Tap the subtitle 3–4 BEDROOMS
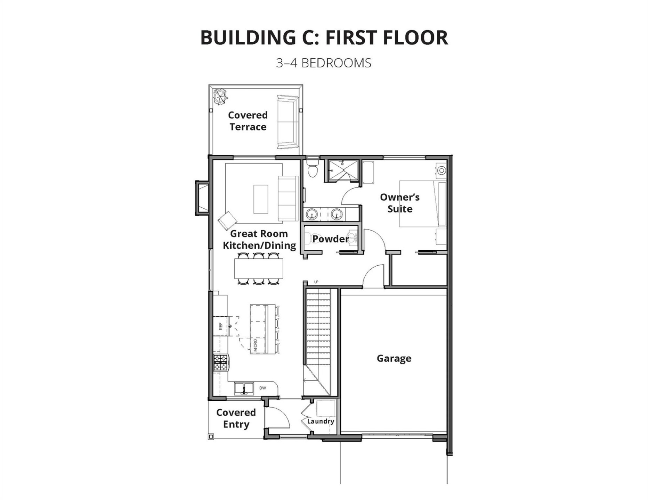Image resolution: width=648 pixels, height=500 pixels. click(x=324, y=63)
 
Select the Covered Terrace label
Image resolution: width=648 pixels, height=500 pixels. click(x=248, y=121)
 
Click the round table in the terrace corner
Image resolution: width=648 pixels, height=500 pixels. click(x=220, y=96)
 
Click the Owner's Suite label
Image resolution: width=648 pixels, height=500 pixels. click(x=399, y=203)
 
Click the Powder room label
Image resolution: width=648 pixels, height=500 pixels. click(x=330, y=239)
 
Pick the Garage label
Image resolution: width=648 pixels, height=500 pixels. click(x=394, y=358)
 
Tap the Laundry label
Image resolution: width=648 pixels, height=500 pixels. click(x=321, y=421)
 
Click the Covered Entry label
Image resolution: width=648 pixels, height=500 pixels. click(x=236, y=418)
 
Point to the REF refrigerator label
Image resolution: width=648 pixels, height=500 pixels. click(x=220, y=326)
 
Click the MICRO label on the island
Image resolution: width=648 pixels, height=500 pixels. click(x=256, y=345)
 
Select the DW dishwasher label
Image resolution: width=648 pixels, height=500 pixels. click(x=262, y=388)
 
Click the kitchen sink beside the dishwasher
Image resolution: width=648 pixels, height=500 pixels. click(x=244, y=388)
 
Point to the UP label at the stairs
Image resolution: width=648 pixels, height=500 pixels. click(x=316, y=282)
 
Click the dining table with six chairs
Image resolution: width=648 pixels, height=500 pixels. click(x=259, y=268)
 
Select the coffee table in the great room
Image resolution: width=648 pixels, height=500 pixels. click(x=261, y=199)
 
